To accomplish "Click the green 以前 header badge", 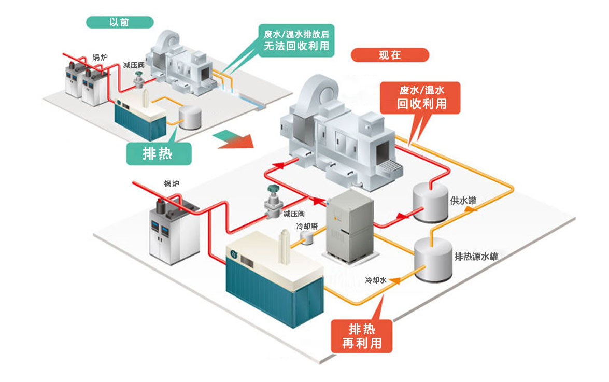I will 120,22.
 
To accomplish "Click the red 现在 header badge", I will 390,55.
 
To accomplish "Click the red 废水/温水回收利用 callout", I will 421,97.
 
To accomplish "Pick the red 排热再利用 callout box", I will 362,335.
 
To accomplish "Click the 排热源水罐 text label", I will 476,256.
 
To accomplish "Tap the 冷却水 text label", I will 376,280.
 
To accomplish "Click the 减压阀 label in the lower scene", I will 293,214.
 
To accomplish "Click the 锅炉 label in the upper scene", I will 100,57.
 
